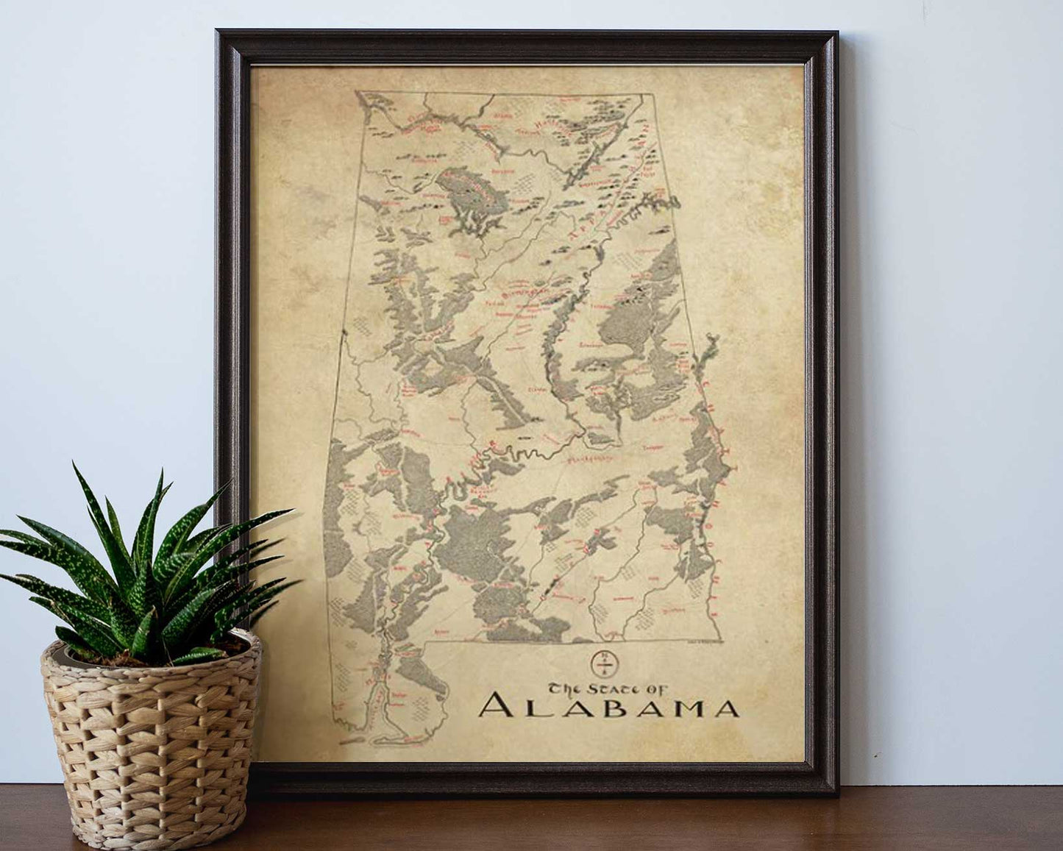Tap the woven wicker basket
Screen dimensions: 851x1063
click(x=151, y=736)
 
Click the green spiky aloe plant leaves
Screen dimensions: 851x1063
click(x=140, y=566)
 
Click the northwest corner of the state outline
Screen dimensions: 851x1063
click(x=356, y=92)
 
